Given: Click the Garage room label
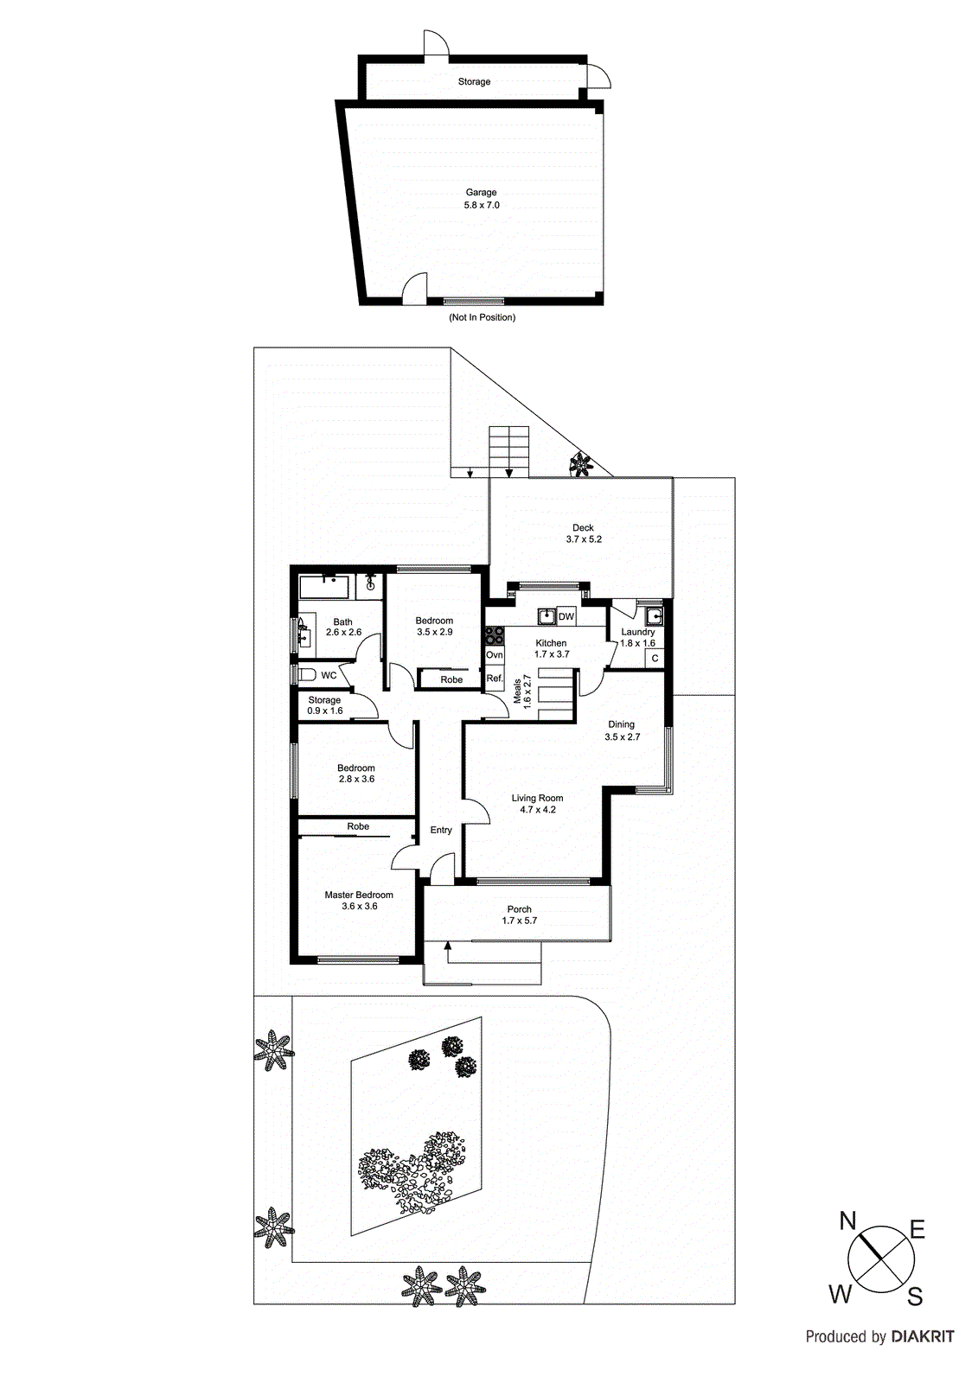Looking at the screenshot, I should pyautogui.click(x=481, y=193).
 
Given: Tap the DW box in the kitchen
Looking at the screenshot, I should pyautogui.click(x=566, y=616).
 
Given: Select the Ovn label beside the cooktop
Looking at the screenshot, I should pyautogui.click(x=494, y=655).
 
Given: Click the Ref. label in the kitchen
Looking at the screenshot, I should pyautogui.click(x=494, y=679).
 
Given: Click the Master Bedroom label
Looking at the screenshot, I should pyautogui.click(x=359, y=895).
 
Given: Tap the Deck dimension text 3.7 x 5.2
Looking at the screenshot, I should pyautogui.click(x=584, y=539).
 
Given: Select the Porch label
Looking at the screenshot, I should pyautogui.click(x=519, y=909).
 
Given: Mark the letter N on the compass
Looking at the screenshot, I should pyautogui.click(x=847, y=1220).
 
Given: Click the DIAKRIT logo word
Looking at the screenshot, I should pyautogui.click(x=923, y=1336).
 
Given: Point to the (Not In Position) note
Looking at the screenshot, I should pyautogui.click(x=482, y=317).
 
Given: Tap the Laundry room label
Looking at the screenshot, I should pyautogui.click(x=637, y=632).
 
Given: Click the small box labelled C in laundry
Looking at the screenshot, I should pyautogui.click(x=655, y=659).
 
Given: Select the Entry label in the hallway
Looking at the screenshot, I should pyautogui.click(x=441, y=830).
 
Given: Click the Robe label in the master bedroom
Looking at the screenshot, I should pyautogui.click(x=358, y=826).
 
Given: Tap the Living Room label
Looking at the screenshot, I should pyautogui.click(x=537, y=799).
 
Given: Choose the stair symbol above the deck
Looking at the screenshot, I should pyautogui.click(x=509, y=450).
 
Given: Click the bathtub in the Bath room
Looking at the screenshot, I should pyautogui.click(x=323, y=588).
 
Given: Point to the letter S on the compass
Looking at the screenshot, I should pyautogui.click(x=915, y=1297).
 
